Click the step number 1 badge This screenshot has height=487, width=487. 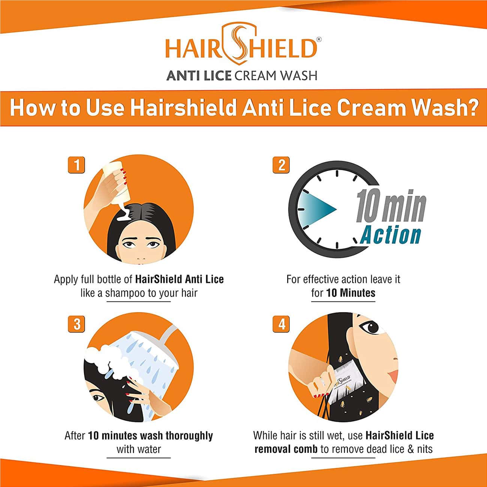coord(76,165)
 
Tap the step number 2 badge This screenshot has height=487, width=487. coord(282,165)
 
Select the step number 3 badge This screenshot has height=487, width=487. coord(76,324)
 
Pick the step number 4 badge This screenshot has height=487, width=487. coord(282,324)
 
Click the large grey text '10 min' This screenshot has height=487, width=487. coord(391,207)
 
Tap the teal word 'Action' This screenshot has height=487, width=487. coord(391,235)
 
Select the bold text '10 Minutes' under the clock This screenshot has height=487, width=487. coord(351,293)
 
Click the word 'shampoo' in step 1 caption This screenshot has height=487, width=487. coord(125,293)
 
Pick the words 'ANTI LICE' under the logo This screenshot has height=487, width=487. coord(198,75)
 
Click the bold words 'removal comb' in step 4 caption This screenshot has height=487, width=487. coord(286,449)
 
